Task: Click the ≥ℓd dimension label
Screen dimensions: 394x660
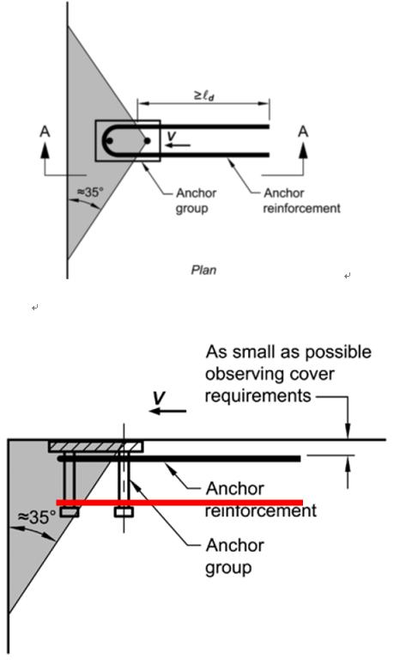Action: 204,95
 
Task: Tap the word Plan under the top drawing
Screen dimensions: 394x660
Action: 203,269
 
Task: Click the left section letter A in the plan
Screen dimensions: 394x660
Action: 45,131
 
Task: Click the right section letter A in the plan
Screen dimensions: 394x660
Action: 303,131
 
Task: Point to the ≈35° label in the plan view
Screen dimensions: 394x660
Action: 89,192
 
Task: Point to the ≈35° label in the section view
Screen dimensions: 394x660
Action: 37,516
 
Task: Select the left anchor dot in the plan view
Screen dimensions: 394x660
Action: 110,141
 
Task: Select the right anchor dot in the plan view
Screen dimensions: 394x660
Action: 147,141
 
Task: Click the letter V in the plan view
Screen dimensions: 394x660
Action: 171,136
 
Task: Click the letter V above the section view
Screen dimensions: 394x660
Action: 159,398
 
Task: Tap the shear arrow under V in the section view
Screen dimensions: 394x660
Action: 167,411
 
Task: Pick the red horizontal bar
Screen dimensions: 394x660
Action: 179,503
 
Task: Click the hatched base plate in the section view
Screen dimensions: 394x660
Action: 96,446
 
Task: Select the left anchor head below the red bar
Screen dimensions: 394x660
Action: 70,512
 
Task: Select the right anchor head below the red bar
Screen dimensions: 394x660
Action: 124,512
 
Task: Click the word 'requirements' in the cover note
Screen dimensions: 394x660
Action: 258,395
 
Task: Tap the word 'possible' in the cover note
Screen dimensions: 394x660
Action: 338,352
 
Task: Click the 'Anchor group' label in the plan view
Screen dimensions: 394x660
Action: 196,201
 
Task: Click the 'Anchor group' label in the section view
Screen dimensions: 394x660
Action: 234,556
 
